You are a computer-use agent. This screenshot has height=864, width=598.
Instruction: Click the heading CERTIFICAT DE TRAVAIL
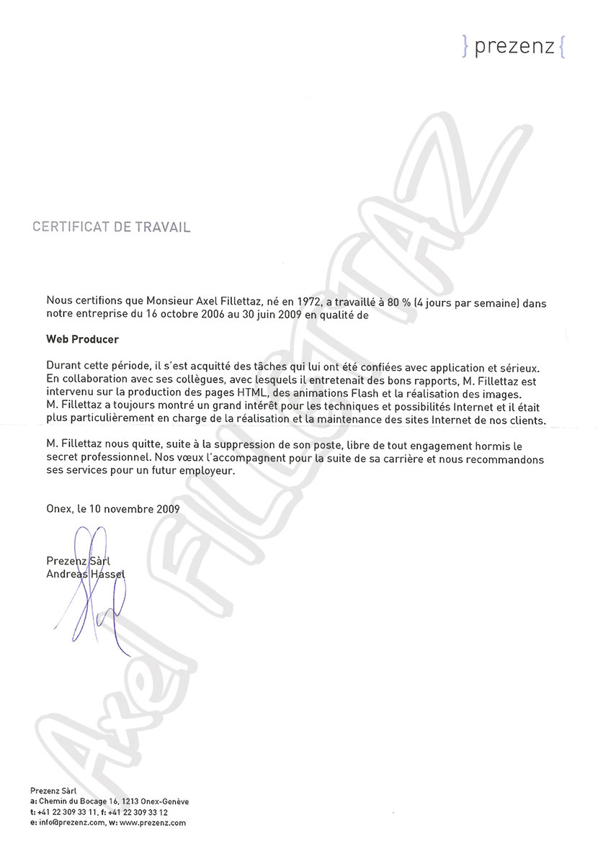point(112,228)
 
